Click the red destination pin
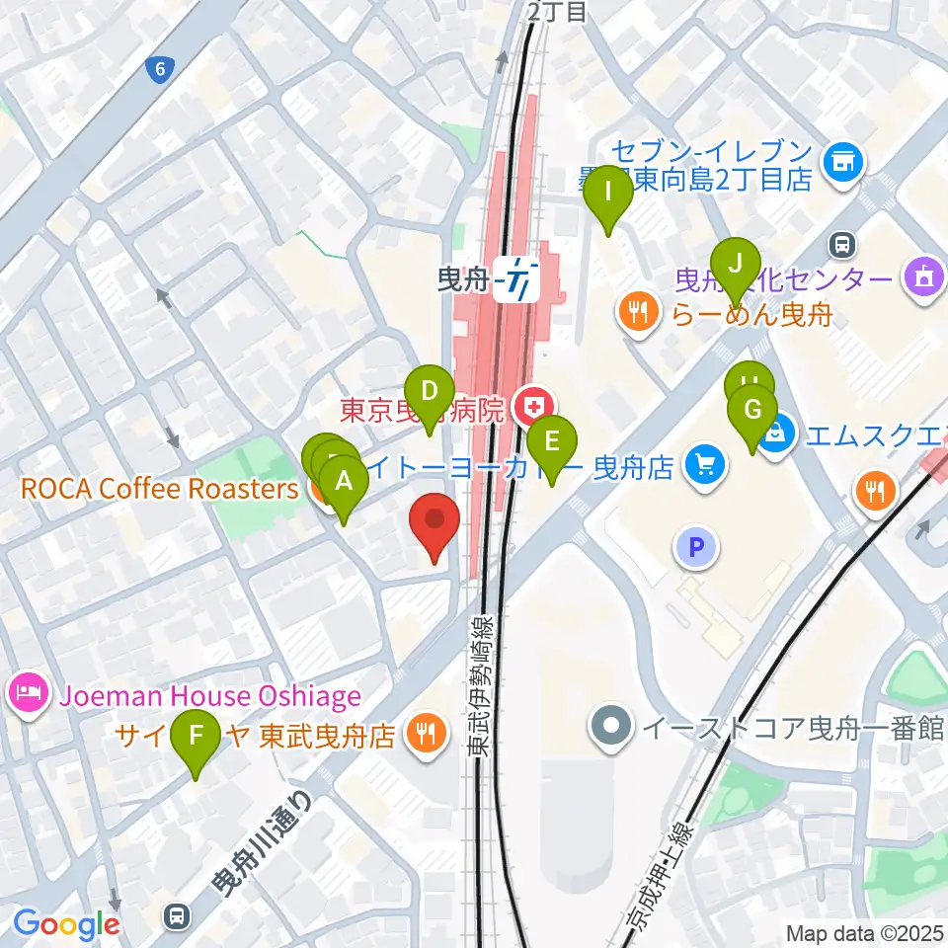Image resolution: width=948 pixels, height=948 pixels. (x=434, y=523)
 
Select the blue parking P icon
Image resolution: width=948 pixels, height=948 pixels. (x=696, y=547)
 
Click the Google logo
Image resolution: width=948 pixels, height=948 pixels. (x=66, y=924)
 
